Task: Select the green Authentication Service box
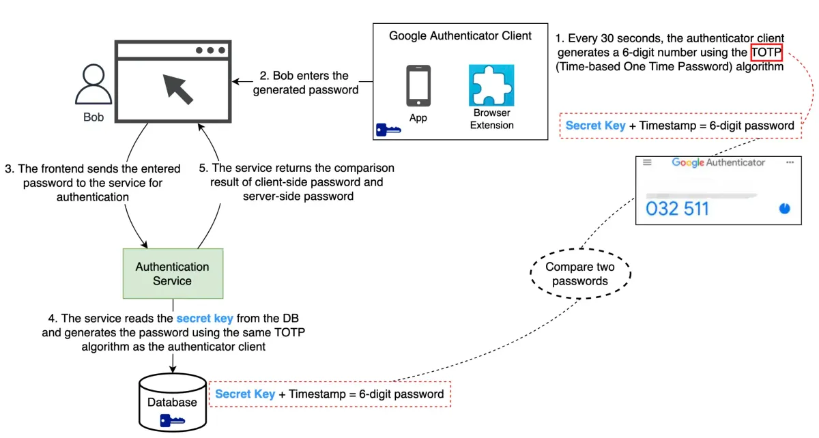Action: point(173,274)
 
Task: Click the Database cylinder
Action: point(172,403)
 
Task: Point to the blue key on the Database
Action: point(171,420)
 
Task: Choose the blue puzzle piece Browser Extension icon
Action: point(491,85)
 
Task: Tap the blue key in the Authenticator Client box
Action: point(388,129)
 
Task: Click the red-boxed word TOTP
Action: point(766,53)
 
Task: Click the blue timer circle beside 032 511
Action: point(784,208)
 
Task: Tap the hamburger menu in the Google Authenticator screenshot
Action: point(647,162)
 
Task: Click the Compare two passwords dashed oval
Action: point(581,274)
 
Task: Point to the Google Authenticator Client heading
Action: point(460,36)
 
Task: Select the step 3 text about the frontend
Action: point(92,182)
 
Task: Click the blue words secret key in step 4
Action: point(204,318)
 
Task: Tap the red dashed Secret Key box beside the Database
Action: point(330,394)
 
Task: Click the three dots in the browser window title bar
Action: point(210,50)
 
